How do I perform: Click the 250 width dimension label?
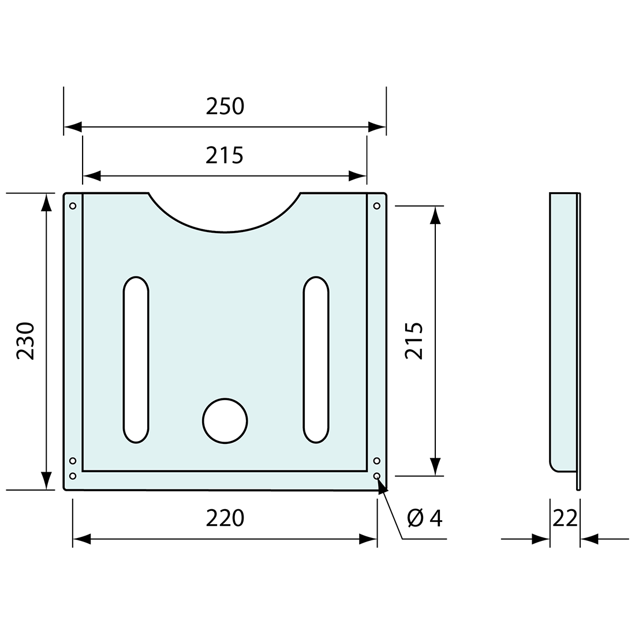pos(225,106)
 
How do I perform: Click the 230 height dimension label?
pos(25,341)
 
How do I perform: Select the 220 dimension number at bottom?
pos(225,518)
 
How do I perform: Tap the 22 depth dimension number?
pos(565,518)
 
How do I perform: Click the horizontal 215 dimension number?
pos(225,155)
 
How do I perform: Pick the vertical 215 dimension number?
pos(414,341)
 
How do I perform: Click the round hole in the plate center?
pos(225,421)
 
